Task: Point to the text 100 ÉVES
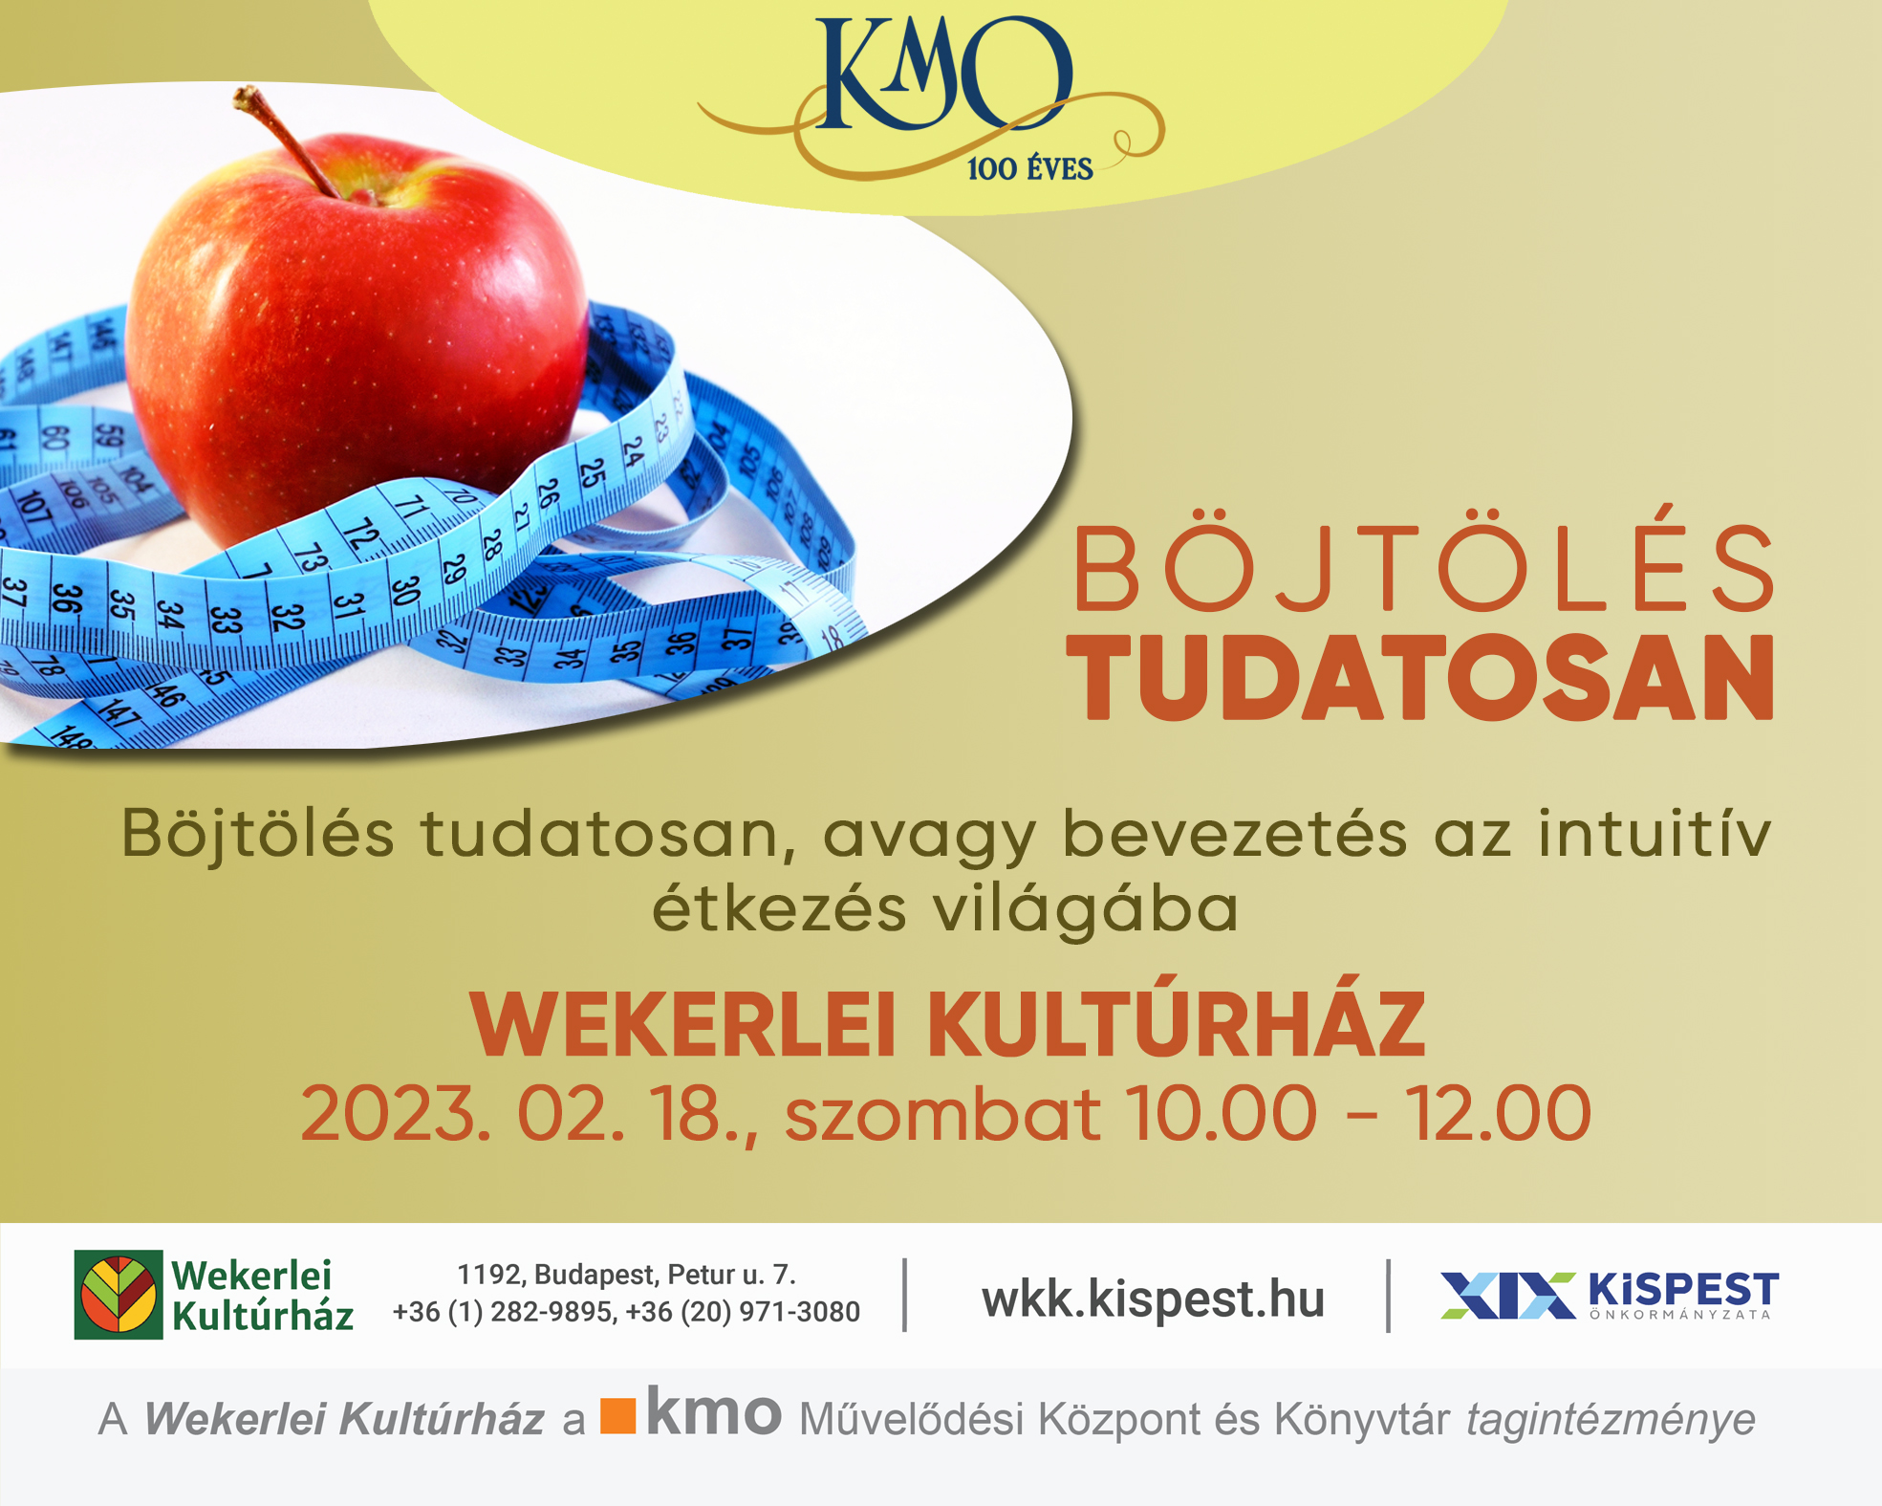point(1029,169)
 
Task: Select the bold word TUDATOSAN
point(1420,678)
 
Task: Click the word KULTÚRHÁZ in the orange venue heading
point(1177,1026)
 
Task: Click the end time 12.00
point(1497,1113)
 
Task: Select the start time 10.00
point(1222,1113)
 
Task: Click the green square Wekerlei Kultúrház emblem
point(119,1295)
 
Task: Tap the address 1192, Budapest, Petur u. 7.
point(626,1275)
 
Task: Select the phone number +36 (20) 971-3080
point(743,1312)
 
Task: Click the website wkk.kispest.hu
point(1153,1299)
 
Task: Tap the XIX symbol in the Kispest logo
point(1508,1296)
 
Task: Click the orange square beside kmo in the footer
point(617,1416)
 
